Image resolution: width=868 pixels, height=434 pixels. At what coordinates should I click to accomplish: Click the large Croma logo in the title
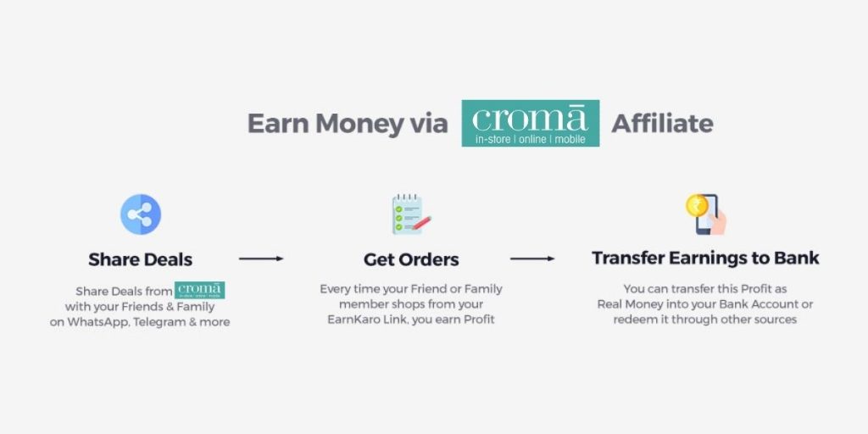[x=531, y=123]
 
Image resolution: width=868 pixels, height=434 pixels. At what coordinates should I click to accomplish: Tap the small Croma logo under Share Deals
[x=199, y=290]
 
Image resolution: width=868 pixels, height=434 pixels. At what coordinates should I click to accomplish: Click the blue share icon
[x=141, y=214]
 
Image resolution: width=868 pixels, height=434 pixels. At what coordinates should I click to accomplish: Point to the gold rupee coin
[x=697, y=205]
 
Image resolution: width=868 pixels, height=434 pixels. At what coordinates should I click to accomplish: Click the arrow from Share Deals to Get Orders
[x=261, y=259]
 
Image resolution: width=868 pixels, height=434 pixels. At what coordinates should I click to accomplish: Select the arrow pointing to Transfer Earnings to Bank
[x=532, y=259]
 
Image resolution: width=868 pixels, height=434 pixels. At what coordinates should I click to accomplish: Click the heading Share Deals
[x=141, y=259]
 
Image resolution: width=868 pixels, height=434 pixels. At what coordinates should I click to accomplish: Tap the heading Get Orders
[x=411, y=259]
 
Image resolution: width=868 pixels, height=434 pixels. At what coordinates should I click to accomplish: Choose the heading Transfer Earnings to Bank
[x=705, y=258]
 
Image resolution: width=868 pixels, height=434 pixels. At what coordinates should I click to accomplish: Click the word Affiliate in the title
[x=662, y=123]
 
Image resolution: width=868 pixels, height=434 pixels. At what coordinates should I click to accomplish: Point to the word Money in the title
[x=359, y=124]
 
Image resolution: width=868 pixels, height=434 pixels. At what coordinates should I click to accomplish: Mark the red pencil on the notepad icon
[x=420, y=223]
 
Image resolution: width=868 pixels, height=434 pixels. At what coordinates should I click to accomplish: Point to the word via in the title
[x=429, y=124]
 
